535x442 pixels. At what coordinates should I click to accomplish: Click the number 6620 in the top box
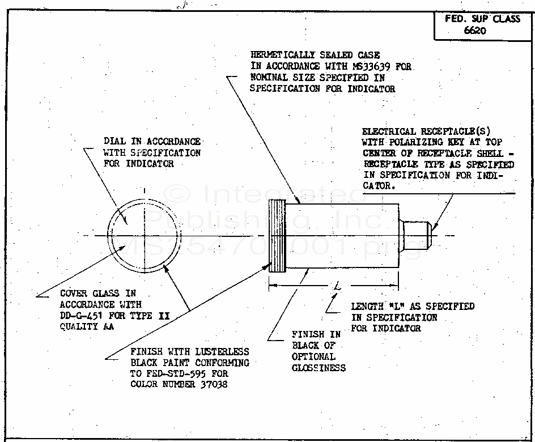tap(475, 31)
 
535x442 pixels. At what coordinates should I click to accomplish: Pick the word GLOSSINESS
tap(319, 368)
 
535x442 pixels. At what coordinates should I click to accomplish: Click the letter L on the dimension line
tap(338, 288)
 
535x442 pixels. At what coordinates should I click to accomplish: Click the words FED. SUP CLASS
tap(482, 19)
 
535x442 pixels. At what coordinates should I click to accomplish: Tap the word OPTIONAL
tap(313, 356)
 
